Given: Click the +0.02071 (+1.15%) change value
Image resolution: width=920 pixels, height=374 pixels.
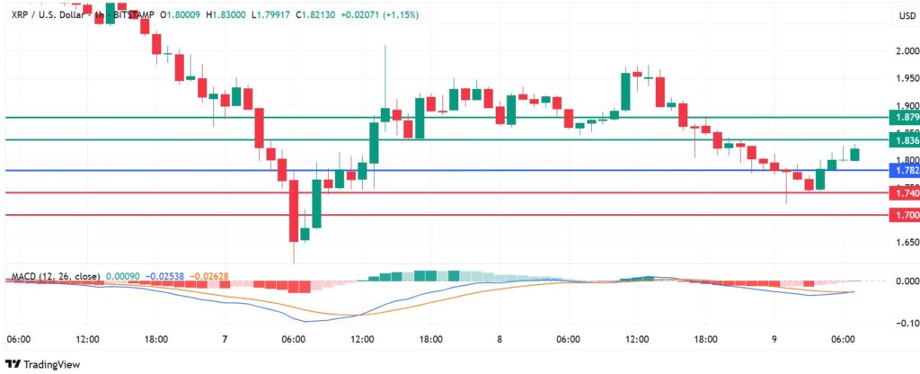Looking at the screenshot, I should (x=379, y=15).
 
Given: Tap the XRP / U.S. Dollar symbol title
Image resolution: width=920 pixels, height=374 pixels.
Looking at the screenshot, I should (x=49, y=15).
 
